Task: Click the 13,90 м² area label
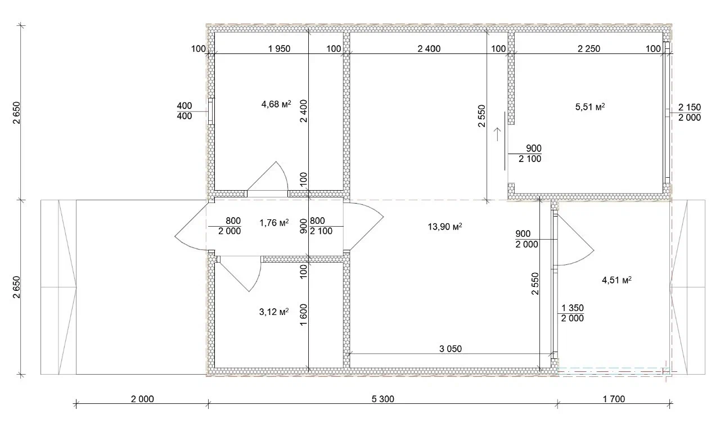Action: click(445, 227)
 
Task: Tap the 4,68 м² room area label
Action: click(276, 104)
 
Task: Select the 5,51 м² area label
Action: click(590, 107)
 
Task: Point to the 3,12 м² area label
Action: click(274, 312)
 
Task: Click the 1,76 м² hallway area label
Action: click(274, 222)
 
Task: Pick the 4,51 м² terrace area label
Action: click(616, 280)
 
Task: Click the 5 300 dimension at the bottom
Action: click(383, 399)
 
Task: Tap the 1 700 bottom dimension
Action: click(614, 399)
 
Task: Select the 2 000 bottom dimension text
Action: click(142, 399)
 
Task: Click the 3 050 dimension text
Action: click(451, 349)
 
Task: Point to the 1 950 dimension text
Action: click(279, 48)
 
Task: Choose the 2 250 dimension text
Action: click(589, 48)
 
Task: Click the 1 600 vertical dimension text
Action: click(303, 315)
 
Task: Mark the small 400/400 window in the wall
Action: click(211, 111)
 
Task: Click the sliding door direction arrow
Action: click(497, 134)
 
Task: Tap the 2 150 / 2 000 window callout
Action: click(690, 112)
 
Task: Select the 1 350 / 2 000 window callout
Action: click(572, 313)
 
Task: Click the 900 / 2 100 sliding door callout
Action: click(530, 154)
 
